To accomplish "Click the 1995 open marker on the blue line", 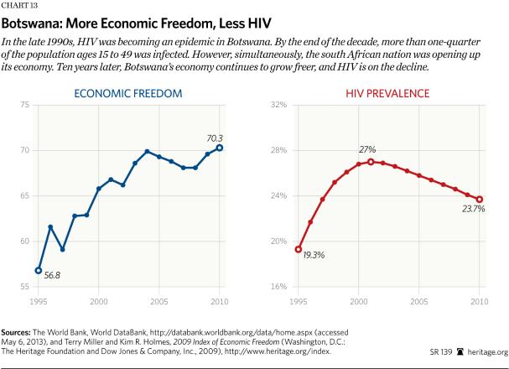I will coord(38,270).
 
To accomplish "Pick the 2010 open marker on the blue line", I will coord(220,148).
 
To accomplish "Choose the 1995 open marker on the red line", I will coord(298,249).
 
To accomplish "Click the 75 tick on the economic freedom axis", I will coord(24,105).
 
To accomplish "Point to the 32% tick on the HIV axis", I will coord(278,105).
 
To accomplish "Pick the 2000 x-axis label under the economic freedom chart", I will coord(98,299).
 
